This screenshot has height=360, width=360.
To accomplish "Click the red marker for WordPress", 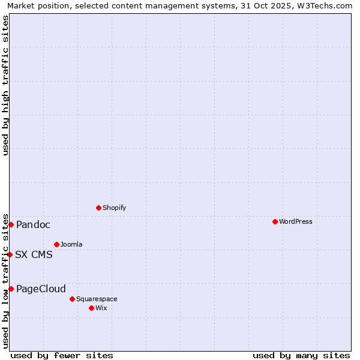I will [x=275, y=221].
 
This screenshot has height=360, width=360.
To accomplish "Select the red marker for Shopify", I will [x=98, y=208].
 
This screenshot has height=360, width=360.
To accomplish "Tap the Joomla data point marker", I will [x=56, y=244].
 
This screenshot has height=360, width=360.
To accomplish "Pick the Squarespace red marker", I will [x=72, y=299].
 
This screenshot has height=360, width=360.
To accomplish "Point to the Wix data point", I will [x=91, y=308].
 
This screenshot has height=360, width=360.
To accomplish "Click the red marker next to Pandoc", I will [x=11, y=224].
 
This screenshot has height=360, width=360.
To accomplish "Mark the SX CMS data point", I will [x=10, y=254].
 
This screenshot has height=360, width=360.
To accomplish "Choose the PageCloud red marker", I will [x=11, y=289].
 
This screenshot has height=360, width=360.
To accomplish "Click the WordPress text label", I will [x=296, y=221].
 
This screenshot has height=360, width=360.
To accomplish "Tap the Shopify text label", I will [x=114, y=208].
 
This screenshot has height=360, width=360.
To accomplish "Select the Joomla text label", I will [x=71, y=244].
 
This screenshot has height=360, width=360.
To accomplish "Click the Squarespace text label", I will [x=97, y=299].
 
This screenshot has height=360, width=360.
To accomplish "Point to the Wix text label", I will [x=101, y=308].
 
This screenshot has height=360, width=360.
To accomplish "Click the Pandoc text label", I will [x=33, y=224].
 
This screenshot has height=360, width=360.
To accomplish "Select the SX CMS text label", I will [x=34, y=254].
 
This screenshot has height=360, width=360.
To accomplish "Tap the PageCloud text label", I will [x=41, y=289].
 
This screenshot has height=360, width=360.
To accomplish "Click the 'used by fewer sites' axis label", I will [x=62, y=355].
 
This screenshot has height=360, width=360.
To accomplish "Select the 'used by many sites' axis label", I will [x=301, y=355].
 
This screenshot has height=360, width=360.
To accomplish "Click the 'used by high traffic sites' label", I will [x=5, y=85].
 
